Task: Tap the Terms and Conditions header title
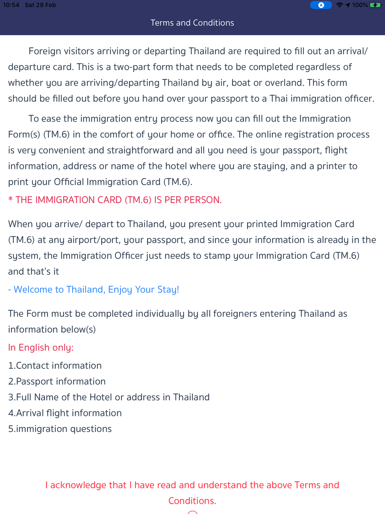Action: tap(192, 23)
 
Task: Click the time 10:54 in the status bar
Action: tap(11, 5)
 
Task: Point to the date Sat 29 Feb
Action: tap(41, 5)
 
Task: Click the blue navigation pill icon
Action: tap(321, 5)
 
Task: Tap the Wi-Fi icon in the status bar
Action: tap(340, 5)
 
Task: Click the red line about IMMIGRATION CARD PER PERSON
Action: tap(115, 200)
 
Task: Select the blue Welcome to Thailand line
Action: tap(94, 290)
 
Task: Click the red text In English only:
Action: tap(41, 348)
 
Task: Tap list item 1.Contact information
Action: tap(55, 365)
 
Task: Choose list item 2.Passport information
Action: tap(57, 381)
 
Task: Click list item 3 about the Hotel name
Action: tap(109, 397)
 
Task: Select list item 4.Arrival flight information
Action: tap(65, 413)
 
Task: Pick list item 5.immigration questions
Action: tap(60, 429)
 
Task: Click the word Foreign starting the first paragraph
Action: tap(45, 51)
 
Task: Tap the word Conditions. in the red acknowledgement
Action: tap(192, 501)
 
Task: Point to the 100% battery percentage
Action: tap(360, 5)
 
